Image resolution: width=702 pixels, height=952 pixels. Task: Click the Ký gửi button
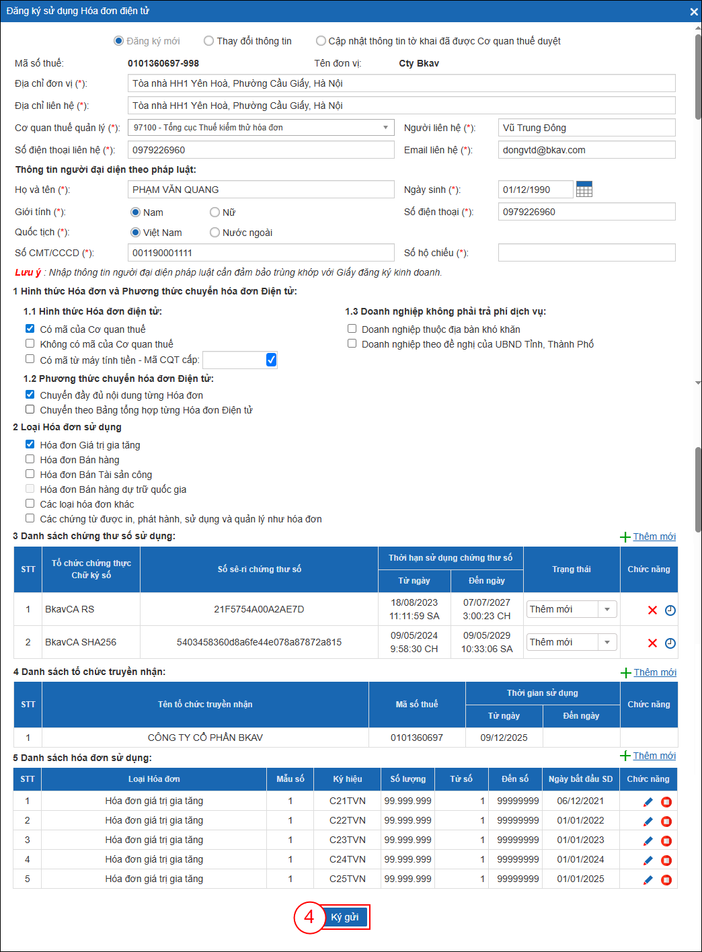(345, 917)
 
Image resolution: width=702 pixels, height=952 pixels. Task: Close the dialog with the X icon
(694, 11)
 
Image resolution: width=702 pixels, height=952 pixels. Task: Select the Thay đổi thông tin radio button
(209, 41)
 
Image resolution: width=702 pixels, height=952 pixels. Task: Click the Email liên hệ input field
(586, 150)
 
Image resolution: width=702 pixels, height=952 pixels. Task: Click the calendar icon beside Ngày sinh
(584, 190)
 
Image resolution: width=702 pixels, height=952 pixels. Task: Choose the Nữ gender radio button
(215, 212)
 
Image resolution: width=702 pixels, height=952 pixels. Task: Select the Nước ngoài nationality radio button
(215, 233)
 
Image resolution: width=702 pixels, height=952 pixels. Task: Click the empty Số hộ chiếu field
(586, 253)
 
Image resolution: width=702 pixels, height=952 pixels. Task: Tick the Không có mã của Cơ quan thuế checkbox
(30, 344)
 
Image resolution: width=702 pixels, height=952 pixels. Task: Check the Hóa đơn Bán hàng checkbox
(30, 459)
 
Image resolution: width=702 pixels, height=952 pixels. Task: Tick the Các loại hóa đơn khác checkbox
(30, 504)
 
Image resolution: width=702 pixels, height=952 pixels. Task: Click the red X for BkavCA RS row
(652, 610)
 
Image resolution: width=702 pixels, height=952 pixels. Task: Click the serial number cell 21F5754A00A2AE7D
(259, 609)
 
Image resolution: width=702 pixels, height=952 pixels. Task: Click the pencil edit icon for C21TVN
(648, 802)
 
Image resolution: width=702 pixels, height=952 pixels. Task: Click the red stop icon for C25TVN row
(666, 880)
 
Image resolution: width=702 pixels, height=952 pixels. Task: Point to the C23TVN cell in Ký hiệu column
(348, 840)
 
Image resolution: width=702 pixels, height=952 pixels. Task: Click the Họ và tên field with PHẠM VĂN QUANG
(261, 190)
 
